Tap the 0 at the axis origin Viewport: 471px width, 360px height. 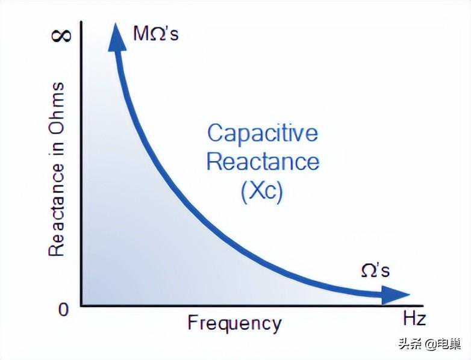point(63,309)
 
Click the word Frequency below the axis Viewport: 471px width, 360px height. point(234,324)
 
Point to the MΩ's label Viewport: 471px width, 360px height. point(156,33)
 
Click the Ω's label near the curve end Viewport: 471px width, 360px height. point(375,271)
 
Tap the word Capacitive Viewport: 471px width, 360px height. point(262,133)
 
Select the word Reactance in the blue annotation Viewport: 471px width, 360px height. point(263,162)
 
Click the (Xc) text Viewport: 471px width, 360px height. point(261,191)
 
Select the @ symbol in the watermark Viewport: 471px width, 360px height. point(430,344)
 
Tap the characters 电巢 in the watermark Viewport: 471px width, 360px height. point(449,344)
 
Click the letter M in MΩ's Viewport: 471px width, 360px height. point(140,33)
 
